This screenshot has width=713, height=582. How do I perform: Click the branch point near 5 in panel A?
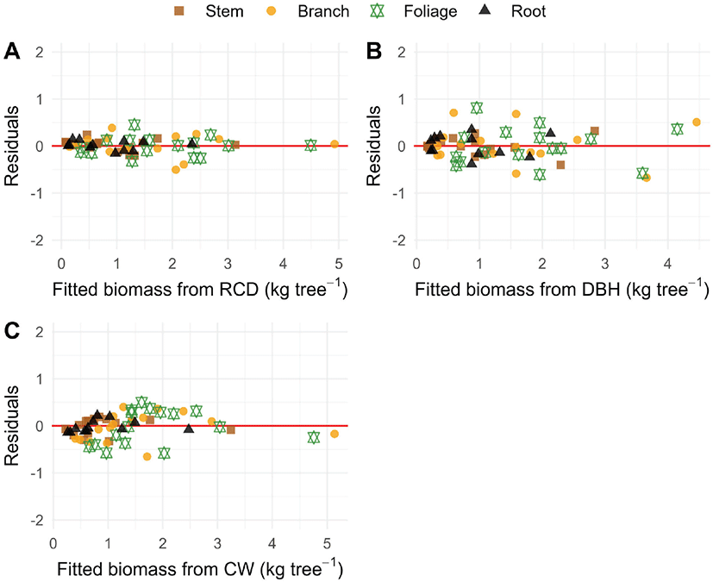[x=335, y=144]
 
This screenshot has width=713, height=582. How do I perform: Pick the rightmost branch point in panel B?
[x=697, y=122]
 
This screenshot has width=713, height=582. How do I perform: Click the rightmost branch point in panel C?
[x=334, y=434]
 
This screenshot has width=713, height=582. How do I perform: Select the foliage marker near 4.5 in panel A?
[x=311, y=145]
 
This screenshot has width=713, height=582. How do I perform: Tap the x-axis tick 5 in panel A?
[x=338, y=264]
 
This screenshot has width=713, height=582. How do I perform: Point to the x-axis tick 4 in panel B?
[x=667, y=264]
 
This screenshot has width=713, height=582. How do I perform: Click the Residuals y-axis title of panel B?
[x=373, y=147]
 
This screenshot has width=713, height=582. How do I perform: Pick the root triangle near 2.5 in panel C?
[x=189, y=427]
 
